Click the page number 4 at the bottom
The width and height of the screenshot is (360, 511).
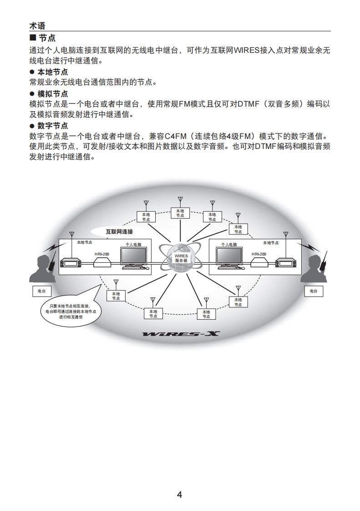click(179, 495)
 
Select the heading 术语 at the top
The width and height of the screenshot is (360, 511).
click(37, 26)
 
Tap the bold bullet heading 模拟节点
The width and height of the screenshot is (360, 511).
click(52, 94)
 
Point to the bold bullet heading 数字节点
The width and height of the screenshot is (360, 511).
click(52, 125)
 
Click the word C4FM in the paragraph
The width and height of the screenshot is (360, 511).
click(173, 136)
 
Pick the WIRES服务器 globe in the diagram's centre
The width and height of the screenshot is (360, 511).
click(181, 258)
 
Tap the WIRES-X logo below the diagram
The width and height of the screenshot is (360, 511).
click(181, 334)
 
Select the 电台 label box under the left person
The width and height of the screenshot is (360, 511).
click(42, 291)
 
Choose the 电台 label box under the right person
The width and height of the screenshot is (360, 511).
click(314, 291)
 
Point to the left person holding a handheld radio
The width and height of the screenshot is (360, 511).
click(42, 269)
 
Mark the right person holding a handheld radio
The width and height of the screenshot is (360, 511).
click(316, 269)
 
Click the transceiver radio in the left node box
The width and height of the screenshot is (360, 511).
click(71, 263)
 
